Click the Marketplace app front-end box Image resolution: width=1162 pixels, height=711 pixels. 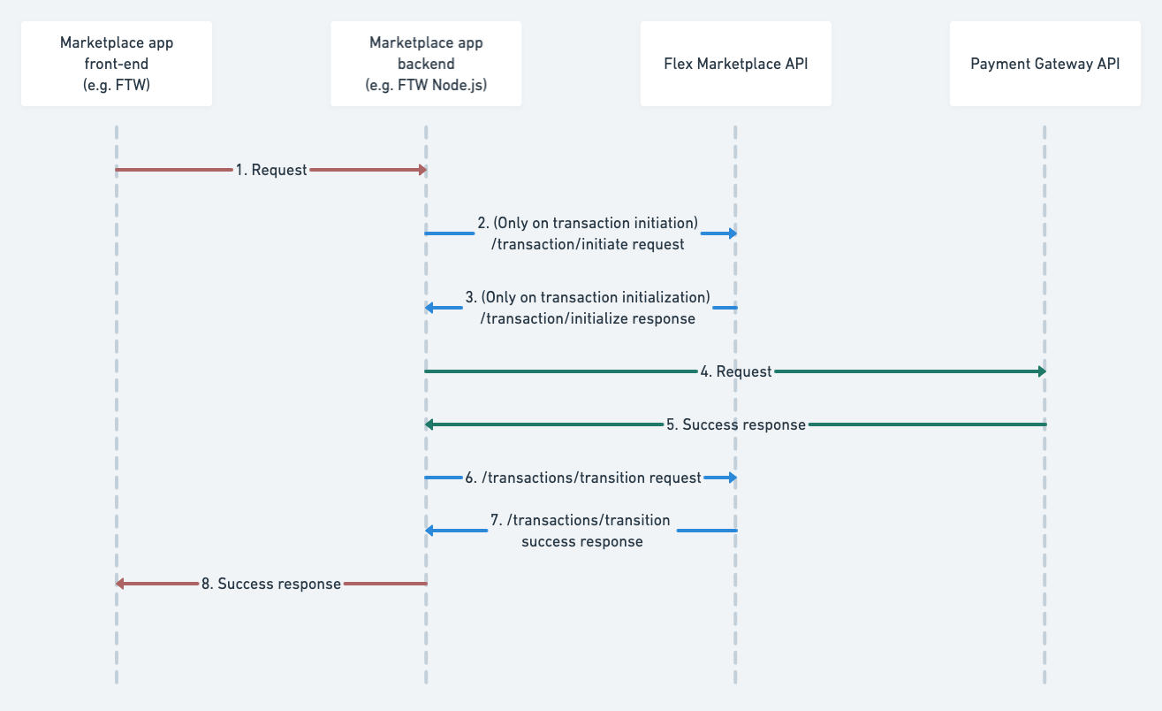coord(116,64)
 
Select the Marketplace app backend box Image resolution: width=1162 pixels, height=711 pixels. coord(426,64)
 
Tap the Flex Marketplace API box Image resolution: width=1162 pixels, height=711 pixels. coord(735,64)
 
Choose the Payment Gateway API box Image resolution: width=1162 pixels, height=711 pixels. coord(1044,64)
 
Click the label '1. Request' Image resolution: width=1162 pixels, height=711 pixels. coord(270,170)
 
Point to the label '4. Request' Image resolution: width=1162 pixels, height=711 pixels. coord(735,371)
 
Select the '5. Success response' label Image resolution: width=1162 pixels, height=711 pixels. coord(735,424)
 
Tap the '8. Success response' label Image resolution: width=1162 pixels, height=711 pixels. coord(270,584)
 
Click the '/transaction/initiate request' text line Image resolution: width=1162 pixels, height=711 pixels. coord(588,244)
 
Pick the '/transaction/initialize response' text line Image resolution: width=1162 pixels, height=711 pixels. coord(588,318)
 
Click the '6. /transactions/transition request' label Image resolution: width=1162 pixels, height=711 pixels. coord(583,478)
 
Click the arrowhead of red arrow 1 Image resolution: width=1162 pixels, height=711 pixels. coord(422,170)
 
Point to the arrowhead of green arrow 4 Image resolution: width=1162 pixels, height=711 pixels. coord(1041,371)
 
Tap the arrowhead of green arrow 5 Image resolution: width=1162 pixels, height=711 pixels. coord(429,424)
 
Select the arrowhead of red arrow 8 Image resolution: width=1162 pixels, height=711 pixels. coord(120,584)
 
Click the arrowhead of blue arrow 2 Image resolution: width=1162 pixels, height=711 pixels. coord(732,233)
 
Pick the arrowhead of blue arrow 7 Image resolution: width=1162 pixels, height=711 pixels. coord(429,531)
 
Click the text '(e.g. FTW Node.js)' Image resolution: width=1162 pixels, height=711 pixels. coord(426,86)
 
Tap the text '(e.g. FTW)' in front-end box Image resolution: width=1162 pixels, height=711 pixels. coord(116,86)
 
